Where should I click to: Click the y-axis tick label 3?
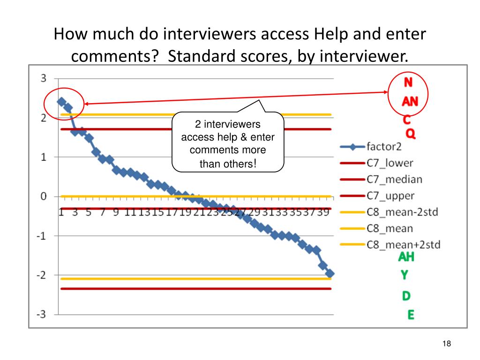(43, 78)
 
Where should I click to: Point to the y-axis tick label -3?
(42, 314)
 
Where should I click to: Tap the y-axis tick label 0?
(43, 196)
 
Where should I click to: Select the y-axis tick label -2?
(42, 275)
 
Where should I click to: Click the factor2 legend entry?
(384, 146)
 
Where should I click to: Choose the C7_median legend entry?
(394, 179)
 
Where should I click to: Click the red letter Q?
(410, 135)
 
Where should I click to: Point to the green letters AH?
(406, 257)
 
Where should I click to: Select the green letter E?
(411, 315)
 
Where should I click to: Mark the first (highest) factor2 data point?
(61, 101)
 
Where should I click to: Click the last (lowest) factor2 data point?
(330, 273)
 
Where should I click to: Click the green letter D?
(406, 296)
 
